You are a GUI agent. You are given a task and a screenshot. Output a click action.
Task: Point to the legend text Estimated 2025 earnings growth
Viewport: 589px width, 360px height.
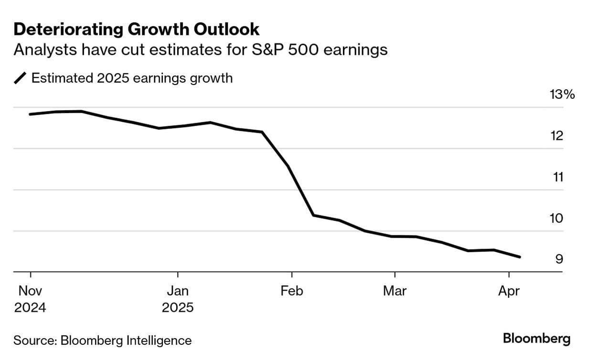(x=132, y=78)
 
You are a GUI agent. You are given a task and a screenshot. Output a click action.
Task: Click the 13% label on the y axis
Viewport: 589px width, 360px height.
(x=562, y=95)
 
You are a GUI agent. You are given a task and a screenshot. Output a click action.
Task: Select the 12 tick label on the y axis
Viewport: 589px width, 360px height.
(x=557, y=136)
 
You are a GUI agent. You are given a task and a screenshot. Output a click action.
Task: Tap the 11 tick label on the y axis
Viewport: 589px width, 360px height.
(x=558, y=177)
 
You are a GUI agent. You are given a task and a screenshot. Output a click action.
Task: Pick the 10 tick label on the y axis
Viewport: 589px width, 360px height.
(x=557, y=218)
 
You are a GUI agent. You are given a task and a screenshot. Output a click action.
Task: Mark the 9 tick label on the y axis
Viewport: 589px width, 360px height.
(x=558, y=259)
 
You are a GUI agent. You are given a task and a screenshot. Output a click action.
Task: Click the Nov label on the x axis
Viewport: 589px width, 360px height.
(x=30, y=291)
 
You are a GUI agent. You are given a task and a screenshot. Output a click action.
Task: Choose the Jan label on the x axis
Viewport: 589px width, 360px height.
(x=177, y=291)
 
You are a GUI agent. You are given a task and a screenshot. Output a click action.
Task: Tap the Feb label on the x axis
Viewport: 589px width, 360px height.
(x=291, y=291)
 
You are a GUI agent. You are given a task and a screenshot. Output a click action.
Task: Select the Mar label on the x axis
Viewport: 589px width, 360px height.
(x=395, y=291)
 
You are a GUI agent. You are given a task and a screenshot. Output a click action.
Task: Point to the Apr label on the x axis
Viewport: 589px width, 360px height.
(x=509, y=291)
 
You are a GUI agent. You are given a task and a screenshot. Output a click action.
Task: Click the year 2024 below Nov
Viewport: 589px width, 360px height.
(x=30, y=307)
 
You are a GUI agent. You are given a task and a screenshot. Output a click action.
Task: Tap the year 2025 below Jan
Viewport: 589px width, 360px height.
(x=177, y=307)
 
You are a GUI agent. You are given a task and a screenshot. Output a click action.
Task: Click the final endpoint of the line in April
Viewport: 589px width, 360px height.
(x=520, y=257)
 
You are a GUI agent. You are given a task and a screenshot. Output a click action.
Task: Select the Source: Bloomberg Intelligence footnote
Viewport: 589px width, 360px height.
(x=102, y=340)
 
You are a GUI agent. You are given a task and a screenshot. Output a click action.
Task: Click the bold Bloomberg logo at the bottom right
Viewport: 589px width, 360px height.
(x=536, y=339)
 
